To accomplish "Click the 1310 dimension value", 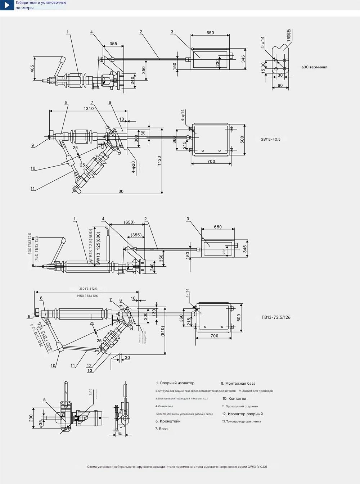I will (x=89, y=108).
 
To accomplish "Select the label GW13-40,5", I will (x=270, y=140).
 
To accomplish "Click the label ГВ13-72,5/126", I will (x=276, y=317).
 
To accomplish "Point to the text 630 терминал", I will (x=314, y=67).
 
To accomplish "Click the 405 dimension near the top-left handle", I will (x=32, y=68).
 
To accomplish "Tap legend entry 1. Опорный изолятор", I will (x=175, y=383).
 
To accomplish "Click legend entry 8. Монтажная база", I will (x=238, y=384).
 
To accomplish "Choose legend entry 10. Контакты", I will (x=234, y=399).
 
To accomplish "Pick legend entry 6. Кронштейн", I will (x=168, y=421).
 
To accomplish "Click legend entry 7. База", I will (x=161, y=429).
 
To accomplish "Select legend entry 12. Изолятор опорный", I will (x=242, y=414).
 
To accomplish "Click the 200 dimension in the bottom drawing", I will (x=31, y=418).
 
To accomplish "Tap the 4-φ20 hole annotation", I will (x=133, y=167).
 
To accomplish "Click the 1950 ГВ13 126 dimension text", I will (x=87, y=296).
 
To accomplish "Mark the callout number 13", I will (x=90, y=371).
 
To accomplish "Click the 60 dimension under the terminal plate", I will (x=280, y=86).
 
